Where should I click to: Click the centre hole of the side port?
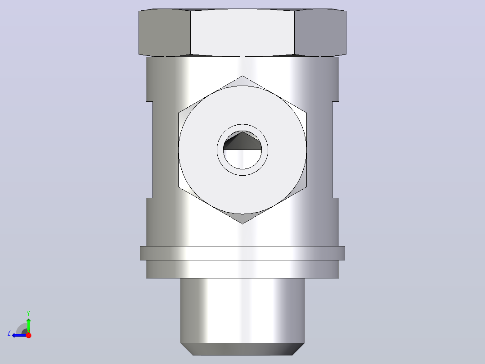pyautogui.click(x=242, y=150)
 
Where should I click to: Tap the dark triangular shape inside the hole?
pyautogui.click(x=242, y=142)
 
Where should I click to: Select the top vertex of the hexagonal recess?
pyautogui.click(x=242, y=76)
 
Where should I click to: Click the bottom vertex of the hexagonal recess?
pyautogui.click(x=242, y=223)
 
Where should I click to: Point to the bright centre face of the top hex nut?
pyautogui.click(x=242, y=33)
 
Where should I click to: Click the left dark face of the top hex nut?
pyautogui.click(x=165, y=33)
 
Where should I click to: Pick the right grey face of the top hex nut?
pyautogui.click(x=320, y=33)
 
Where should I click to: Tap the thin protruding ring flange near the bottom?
pyautogui.click(x=242, y=253)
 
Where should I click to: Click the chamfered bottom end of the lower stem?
pyautogui.click(x=242, y=349)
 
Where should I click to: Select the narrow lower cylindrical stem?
pyautogui.click(x=242, y=310)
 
